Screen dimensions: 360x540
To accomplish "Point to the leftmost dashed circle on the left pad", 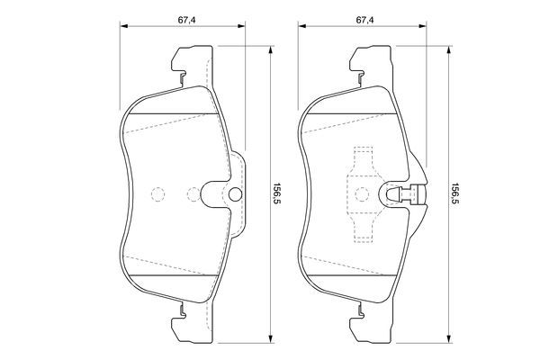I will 156,193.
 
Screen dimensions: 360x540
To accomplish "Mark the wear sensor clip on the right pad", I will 403,193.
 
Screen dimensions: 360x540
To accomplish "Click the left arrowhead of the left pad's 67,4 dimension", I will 123,29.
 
